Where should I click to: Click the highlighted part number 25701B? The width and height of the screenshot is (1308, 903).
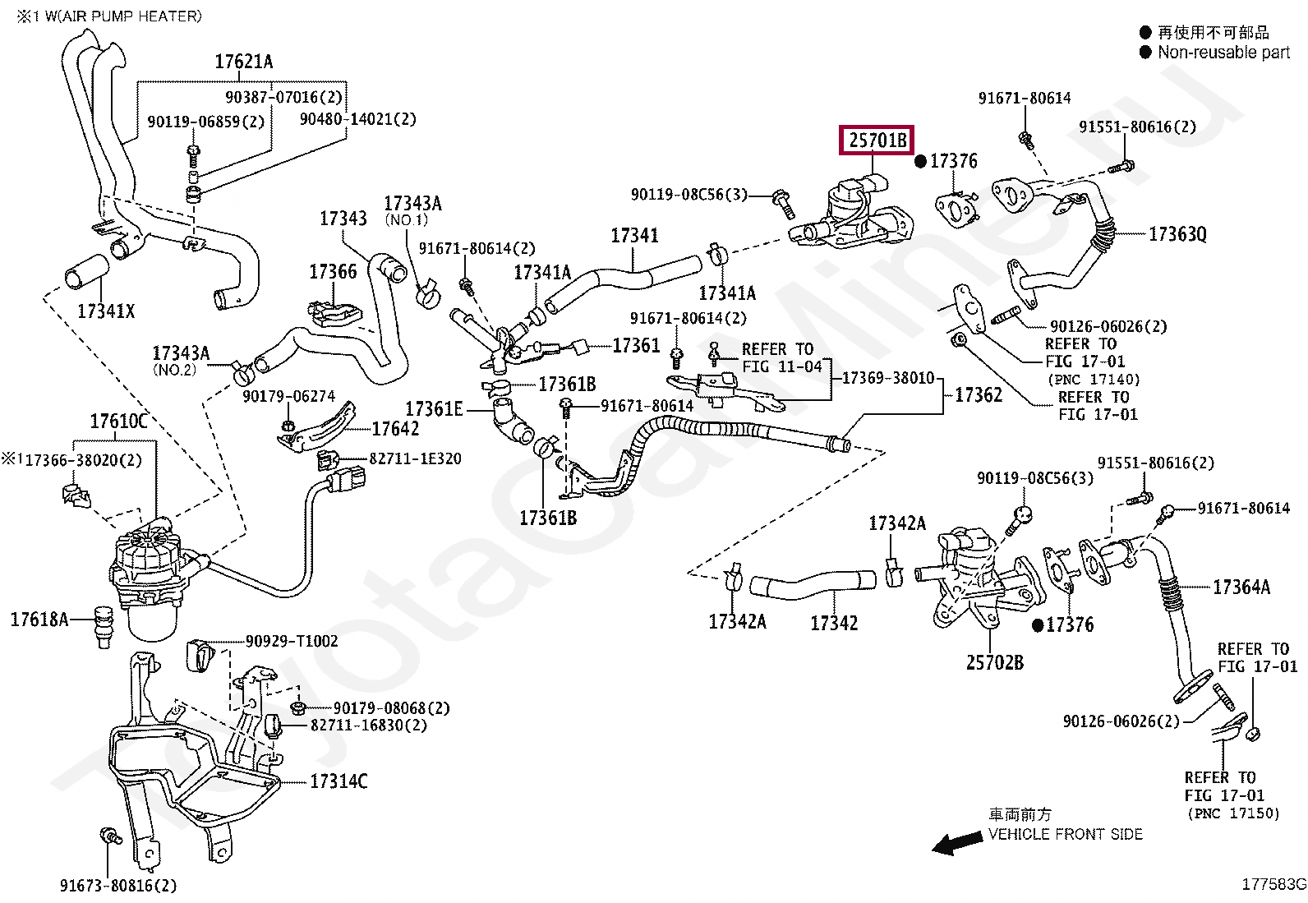tap(877, 141)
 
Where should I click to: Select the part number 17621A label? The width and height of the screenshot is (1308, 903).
tap(243, 62)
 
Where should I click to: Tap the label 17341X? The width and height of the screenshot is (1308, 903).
tap(106, 311)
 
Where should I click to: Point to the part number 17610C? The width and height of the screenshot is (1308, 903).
tap(118, 421)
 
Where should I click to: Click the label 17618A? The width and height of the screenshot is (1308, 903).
tap(39, 620)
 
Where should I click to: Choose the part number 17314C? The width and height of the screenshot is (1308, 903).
tap(339, 781)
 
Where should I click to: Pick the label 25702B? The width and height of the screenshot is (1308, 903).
tap(994, 662)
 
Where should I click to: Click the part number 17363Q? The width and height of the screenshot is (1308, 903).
tap(1177, 234)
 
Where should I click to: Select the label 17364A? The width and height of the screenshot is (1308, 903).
tap(1241, 587)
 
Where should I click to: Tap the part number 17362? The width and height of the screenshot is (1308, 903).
tap(979, 395)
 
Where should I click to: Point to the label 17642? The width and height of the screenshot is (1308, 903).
tap(395, 429)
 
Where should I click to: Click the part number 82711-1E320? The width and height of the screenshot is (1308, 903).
tap(415, 458)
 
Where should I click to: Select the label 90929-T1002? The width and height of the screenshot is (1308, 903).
tap(292, 642)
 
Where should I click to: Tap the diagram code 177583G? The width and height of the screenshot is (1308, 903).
tap(1274, 884)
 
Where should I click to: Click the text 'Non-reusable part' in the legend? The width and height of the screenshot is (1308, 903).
tap(1223, 53)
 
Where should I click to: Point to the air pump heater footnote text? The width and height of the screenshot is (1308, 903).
tap(109, 16)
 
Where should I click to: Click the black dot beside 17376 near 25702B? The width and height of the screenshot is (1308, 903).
tap(1038, 625)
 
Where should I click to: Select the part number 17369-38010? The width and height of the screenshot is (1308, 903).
tap(888, 378)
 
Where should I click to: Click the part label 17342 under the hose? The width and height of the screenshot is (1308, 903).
tap(834, 623)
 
